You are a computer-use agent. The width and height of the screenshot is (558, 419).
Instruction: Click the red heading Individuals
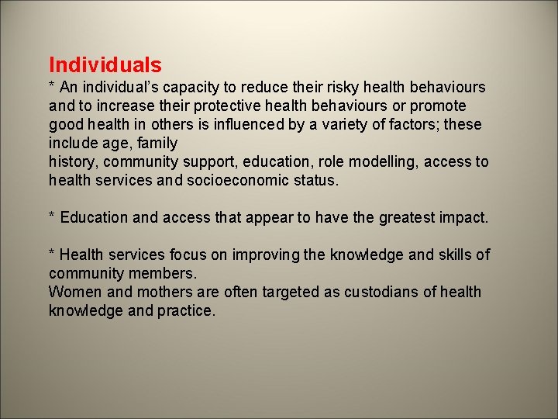[x=105, y=64]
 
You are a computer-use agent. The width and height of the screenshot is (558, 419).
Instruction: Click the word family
[x=158, y=144]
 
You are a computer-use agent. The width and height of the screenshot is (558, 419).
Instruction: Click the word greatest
[x=407, y=218]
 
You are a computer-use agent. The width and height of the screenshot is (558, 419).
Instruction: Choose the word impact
[x=465, y=218]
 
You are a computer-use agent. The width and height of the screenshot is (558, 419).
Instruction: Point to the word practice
[x=186, y=311]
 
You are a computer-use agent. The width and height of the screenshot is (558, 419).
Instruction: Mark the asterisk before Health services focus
[x=52, y=254]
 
